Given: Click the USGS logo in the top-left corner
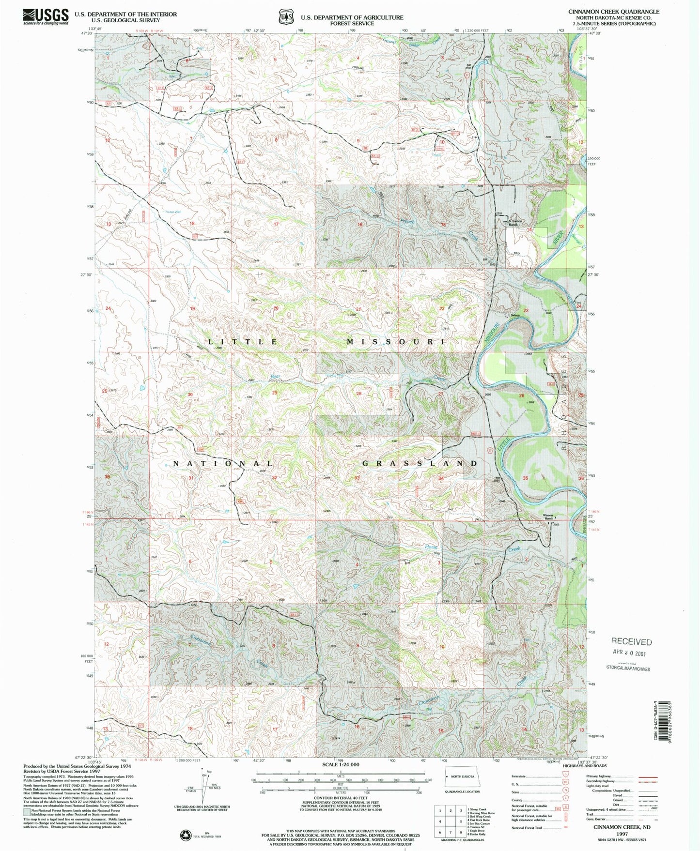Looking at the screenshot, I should pos(47,16).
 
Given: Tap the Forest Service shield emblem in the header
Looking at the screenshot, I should pos(286,17).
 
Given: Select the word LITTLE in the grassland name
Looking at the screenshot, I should pos(243,342).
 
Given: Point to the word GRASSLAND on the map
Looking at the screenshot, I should pos(420,463).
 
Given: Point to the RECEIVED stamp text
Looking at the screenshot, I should pos(631,641).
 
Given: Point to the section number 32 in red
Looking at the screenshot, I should pos(275,478).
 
